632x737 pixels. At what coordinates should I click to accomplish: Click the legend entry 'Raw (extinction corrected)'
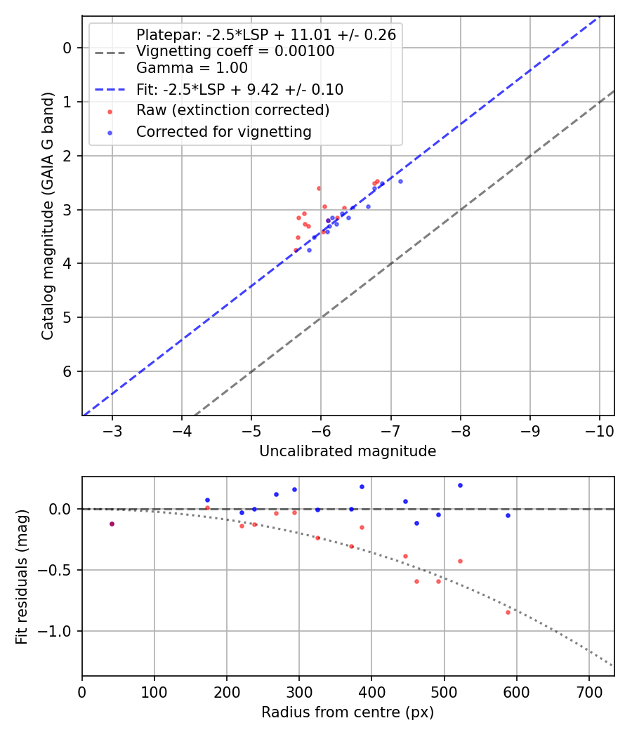pos(232,110)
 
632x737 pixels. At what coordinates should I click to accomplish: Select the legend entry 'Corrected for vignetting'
pos(223,131)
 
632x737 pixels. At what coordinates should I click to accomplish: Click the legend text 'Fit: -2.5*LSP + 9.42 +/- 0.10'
pos(239,89)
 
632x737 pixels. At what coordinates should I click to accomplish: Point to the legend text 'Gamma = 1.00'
pos(192,68)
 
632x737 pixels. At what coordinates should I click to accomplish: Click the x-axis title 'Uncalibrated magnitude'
pos(348,451)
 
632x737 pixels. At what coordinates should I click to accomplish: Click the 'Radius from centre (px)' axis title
pos(348,712)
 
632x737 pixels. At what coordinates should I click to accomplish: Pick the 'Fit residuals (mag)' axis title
pos(22,577)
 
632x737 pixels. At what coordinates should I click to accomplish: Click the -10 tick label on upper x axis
pos(599,430)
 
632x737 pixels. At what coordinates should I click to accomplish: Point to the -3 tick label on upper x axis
pos(112,430)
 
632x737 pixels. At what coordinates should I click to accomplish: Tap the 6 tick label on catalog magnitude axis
pos(68,371)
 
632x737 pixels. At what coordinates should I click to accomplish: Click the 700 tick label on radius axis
pos(588,691)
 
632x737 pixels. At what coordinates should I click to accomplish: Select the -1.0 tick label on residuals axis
pos(58,631)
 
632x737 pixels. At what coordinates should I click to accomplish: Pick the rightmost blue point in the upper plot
pos(400,181)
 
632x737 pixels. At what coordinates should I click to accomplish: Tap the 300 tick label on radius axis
pos(299,691)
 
